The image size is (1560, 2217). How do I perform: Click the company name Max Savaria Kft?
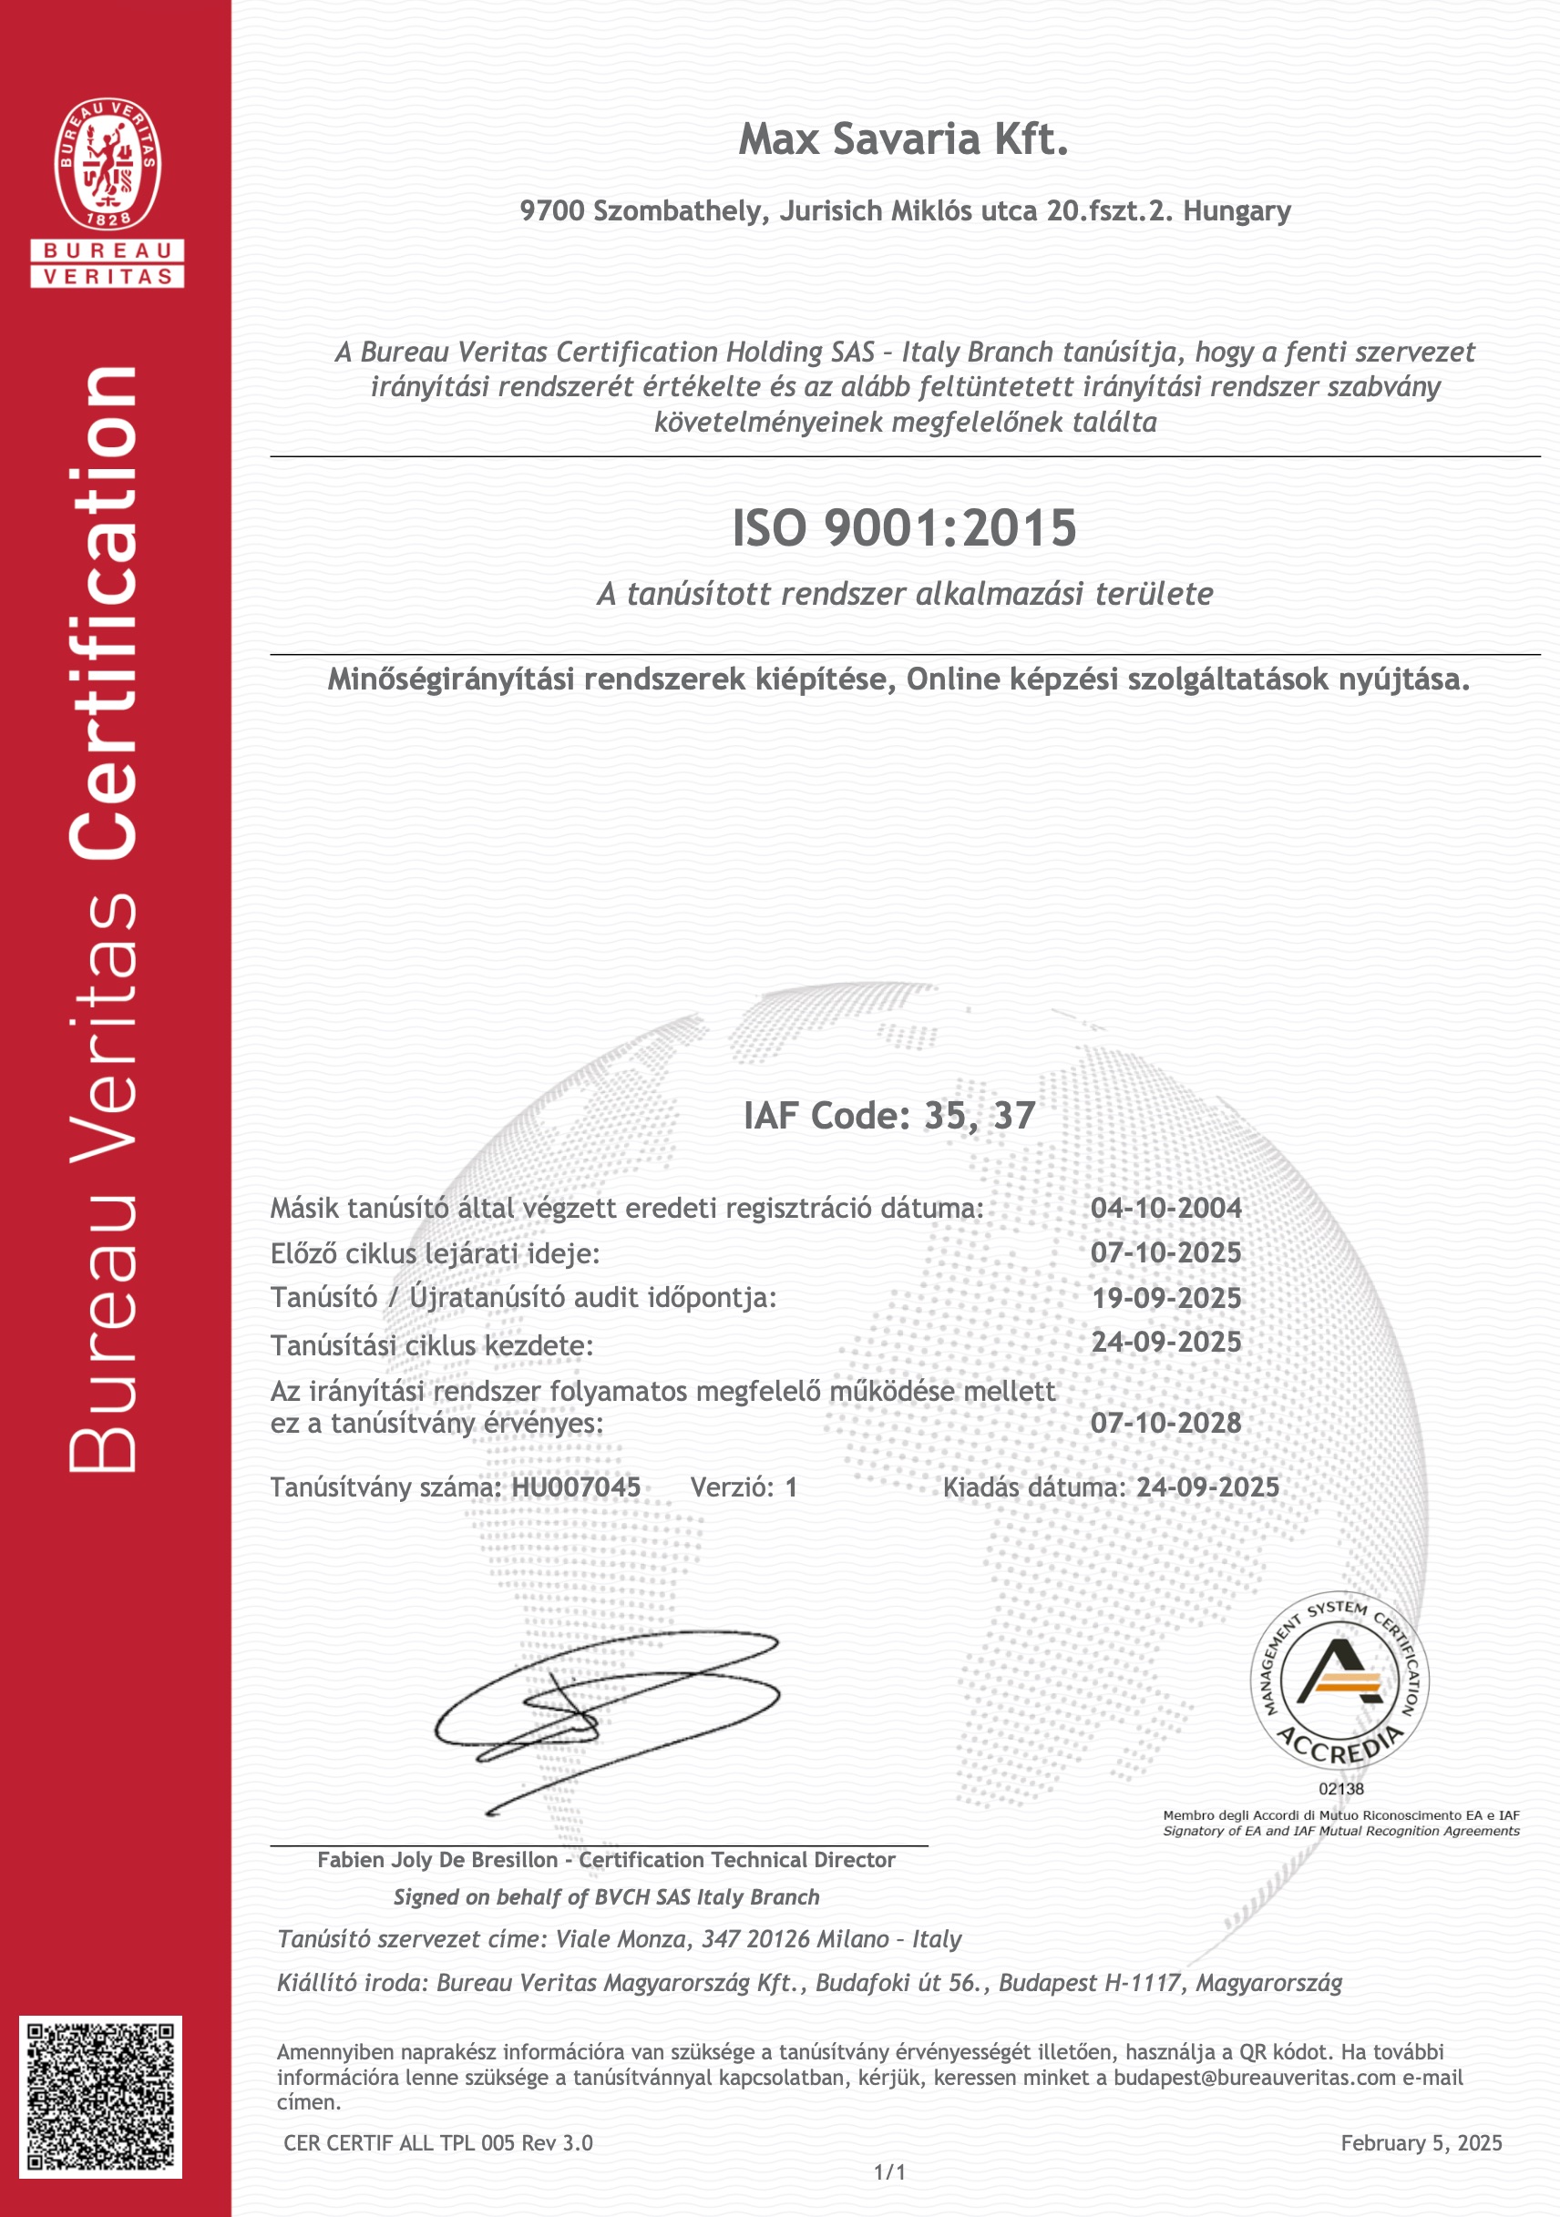(x=903, y=140)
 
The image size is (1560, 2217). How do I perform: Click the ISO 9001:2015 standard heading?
(x=903, y=528)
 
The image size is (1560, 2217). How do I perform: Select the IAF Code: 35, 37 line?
(x=888, y=1116)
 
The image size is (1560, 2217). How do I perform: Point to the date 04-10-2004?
(x=1165, y=1208)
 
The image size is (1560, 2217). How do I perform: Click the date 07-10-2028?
(x=1165, y=1423)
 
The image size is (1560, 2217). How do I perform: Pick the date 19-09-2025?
(x=1165, y=1298)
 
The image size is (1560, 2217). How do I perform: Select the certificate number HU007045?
(x=576, y=1487)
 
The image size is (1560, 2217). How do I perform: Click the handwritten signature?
(x=607, y=1720)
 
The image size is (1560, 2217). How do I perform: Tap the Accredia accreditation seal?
(x=1339, y=1681)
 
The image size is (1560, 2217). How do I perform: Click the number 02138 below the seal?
(x=1340, y=1788)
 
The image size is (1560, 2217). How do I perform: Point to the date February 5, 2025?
(x=1421, y=2142)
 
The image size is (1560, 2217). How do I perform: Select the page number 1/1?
(x=889, y=2172)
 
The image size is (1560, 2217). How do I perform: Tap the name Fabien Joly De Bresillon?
(x=437, y=1860)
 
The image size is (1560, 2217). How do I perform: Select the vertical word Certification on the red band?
(x=104, y=613)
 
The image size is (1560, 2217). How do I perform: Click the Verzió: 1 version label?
(x=744, y=1487)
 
